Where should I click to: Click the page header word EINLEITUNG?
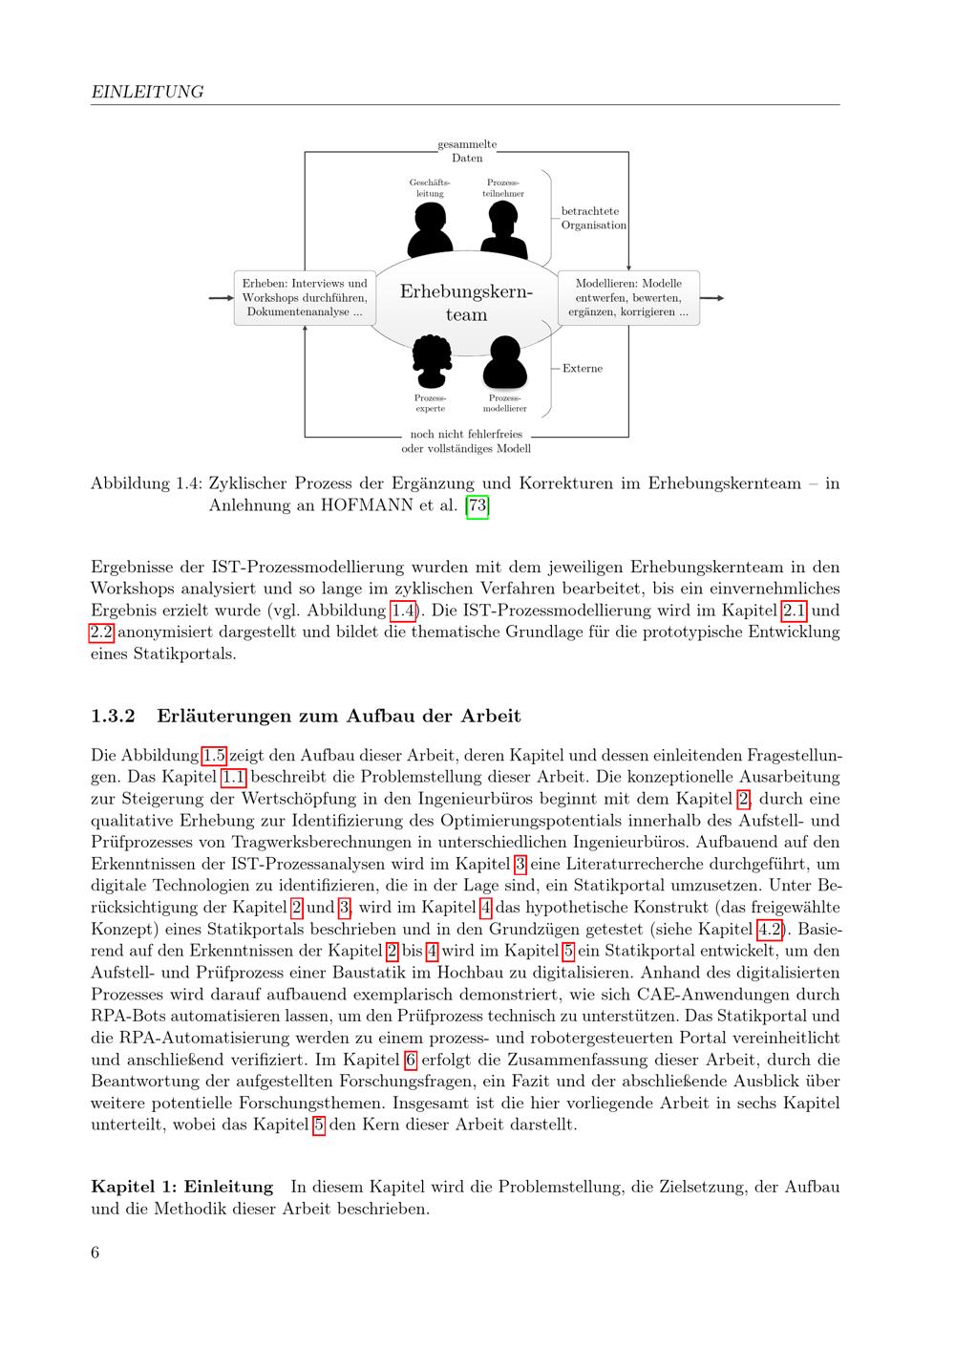pyautogui.click(x=147, y=92)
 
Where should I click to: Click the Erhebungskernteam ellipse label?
pyautogui.click(x=466, y=302)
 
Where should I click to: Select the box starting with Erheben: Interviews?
pyautogui.click(x=305, y=297)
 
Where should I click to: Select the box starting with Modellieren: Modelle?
pyautogui.click(x=628, y=297)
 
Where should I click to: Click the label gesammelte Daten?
pyautogui.click(x=467, y=151)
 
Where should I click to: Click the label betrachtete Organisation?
pyautogui.click(x=593, y=218)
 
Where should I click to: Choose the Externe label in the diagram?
pyautogui.click(x=582, y=368)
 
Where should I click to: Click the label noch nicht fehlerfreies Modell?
pyautogui.click(x=466, y=441)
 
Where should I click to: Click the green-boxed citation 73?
pyautogui.click(x=477, y=505)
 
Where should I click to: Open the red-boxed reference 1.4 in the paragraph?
pyautogui.click(x=402, y=611)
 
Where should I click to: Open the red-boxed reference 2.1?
pyautogui.click(x=795, y=611)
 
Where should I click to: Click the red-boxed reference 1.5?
pyautogui.click(x=215, y=755)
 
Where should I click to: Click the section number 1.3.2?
pyautogui.click(x=114, y=716)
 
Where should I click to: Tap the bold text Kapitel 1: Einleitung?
pyautogui.click(x=181, y=1187)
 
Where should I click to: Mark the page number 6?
pyautogui.click(x=95, y=1253)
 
